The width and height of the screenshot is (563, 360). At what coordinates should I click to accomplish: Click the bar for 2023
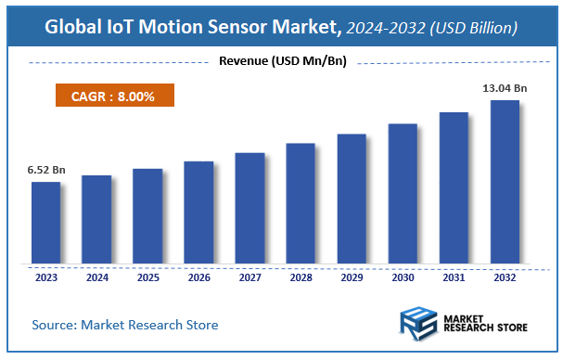(x=45, y=223)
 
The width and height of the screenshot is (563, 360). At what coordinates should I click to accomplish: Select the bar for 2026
(x=198, y=212)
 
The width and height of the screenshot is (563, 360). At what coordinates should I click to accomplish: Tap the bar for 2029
(x=352, y=199)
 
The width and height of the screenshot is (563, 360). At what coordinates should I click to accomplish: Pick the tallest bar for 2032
(x=505, y=182)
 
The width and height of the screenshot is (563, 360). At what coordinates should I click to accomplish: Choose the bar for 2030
(x=403, y=194)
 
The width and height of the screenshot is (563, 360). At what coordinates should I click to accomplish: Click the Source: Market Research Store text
(x=125, y=325)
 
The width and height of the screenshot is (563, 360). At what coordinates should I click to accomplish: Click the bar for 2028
(x=301, y=203)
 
